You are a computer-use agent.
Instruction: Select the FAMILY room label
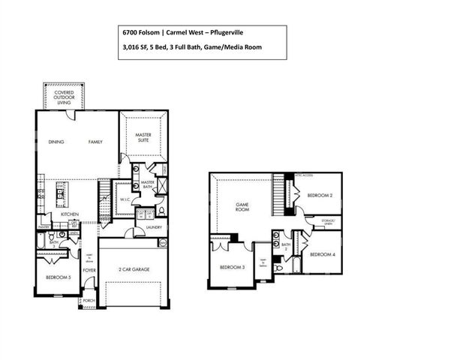[95, 142]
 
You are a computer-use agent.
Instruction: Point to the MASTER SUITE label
[143, 139]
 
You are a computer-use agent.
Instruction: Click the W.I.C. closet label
[125, 200]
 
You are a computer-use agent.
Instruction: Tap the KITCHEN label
[71, 214]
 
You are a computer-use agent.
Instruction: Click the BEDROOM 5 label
[58, 277]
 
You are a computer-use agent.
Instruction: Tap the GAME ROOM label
[242, 206]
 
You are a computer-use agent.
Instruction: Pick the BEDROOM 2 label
[320, 195]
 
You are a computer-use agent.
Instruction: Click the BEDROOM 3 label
[231, 268]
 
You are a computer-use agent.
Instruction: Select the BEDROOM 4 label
[322, 254]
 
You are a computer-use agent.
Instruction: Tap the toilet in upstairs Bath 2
[279, 267]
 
